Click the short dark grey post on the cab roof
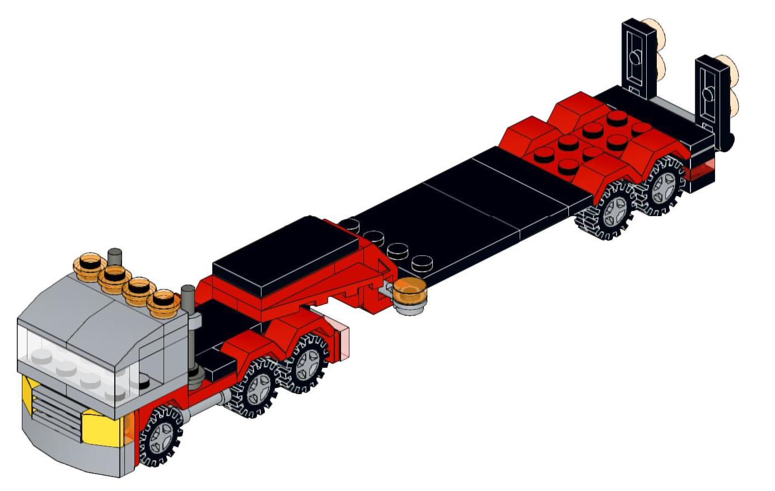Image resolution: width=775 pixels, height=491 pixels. point(115,258)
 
